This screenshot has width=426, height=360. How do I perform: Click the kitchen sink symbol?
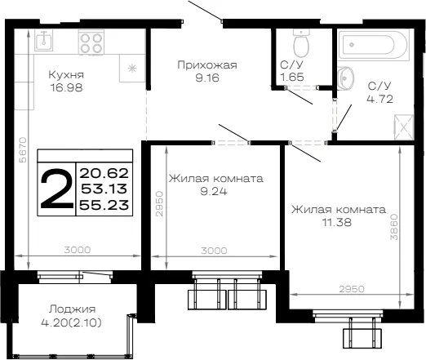pyautogui.click(x=43, y=40)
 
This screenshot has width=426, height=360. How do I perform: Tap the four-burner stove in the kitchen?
pyautogui.click(x=91, y=42)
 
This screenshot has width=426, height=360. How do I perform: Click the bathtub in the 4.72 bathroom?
pyautogui.click(x=373, y=44)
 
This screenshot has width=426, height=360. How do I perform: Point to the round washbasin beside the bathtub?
pyautogui.click(x=345, y=78)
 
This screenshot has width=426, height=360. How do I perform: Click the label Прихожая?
pyautogui.click(x=207, y=65)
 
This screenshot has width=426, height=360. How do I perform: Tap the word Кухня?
pyautogui.click(x=66, y=74)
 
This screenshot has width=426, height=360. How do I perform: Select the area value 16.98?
pyautogui.click(x=66, y=87)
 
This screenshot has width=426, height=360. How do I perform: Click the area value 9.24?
pyautogui.click(x=214, y=192)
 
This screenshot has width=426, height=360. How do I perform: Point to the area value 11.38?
pyautogui.click(x=337, y=222)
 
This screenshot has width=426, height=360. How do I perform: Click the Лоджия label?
pyautogui.click(x=72, y=309)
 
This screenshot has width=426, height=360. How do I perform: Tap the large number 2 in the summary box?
pyautogui.click(x=56, y=189)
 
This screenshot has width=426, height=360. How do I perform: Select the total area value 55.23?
pyautogui.click(x=104, y=205)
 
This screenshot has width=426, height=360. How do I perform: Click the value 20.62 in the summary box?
pyautogui.click(x=104, y=173)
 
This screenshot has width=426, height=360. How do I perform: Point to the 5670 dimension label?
pyautogui.click(x=23, y=150)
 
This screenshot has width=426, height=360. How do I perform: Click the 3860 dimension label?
pyautogui.click(x=394, y=227)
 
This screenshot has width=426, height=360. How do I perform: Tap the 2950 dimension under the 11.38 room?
pyautogui.click(x=352, y=289)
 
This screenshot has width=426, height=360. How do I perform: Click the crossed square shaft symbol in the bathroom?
pyautogui.click(x=404, y=127)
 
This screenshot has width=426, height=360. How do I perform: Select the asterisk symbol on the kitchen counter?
pyautogui.click(x=132, y=68)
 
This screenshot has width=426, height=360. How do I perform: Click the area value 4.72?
pyautogui.click(x=380, y=99)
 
